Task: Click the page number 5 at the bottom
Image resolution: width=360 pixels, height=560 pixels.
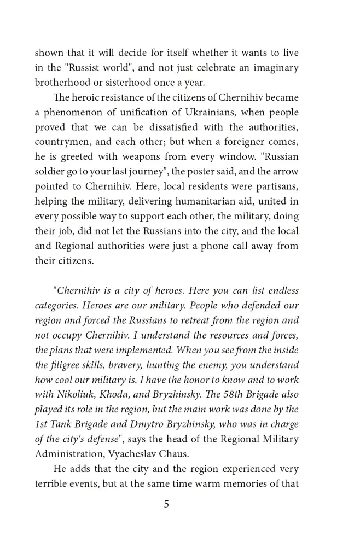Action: (166, 504)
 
